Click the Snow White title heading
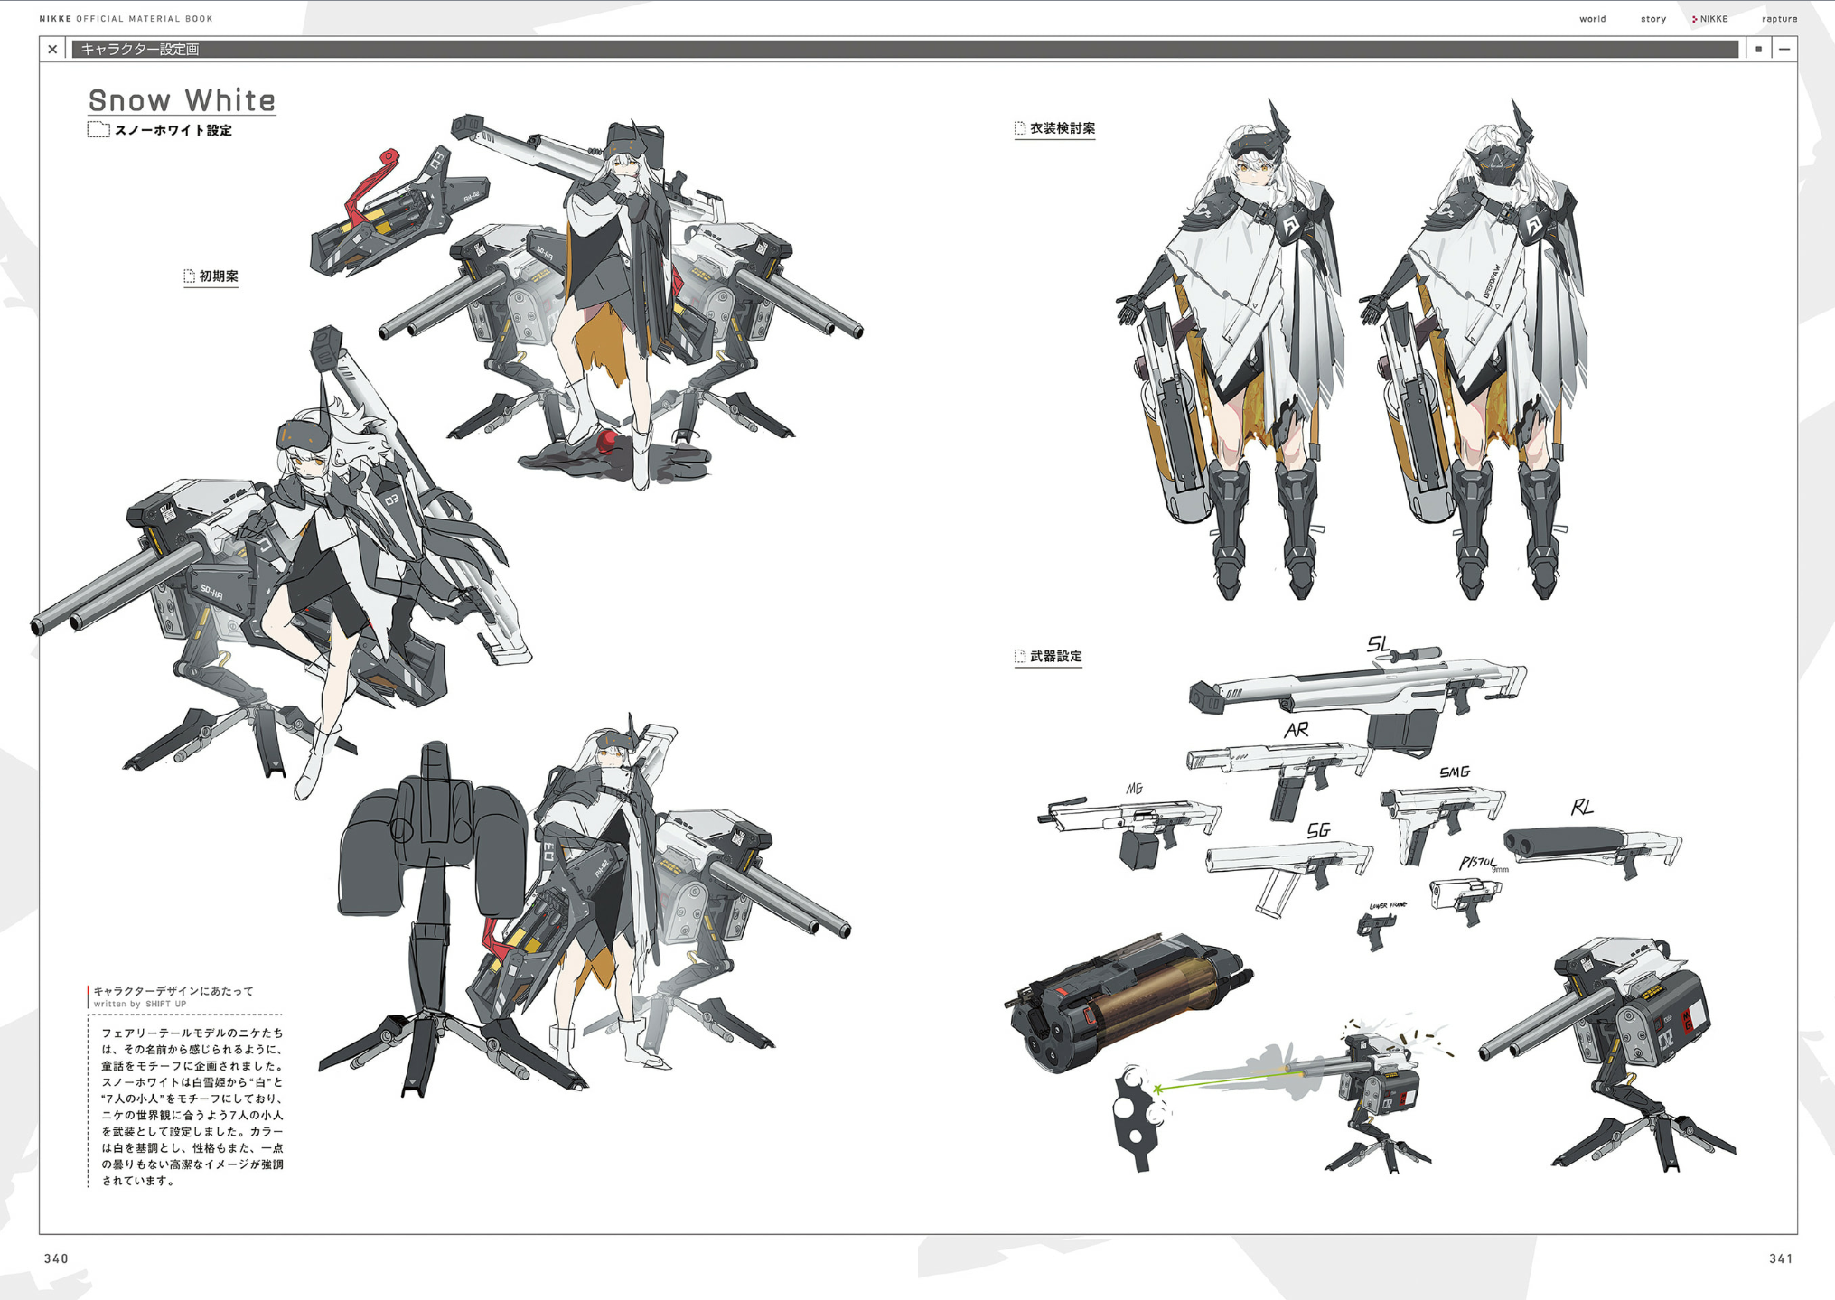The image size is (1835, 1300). tap(182, 100)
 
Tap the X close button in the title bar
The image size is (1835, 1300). tap(52, 50)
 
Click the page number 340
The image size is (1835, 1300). tap(56, 1258)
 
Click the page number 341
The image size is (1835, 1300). tap(1781, 1258)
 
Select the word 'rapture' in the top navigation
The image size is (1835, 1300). tap(1779, 19)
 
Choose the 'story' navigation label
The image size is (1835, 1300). tap(1652, 19)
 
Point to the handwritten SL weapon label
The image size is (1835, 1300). tap(1378, 644)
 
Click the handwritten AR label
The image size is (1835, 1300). tap(1297, 730)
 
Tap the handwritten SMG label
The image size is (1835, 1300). tap(1455, 772)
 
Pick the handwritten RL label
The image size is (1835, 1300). tap(1581, 808)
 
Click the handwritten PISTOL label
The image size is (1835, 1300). tap(1478, 864)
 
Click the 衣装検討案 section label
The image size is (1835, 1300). tap(1062, 129)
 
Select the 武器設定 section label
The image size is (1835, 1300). tap(1055, 657)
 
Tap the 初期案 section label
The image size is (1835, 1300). tap(218, 276)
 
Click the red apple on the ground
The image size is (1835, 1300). tap(608, 441)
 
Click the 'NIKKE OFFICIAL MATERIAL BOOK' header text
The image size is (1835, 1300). tap(126, 19)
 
